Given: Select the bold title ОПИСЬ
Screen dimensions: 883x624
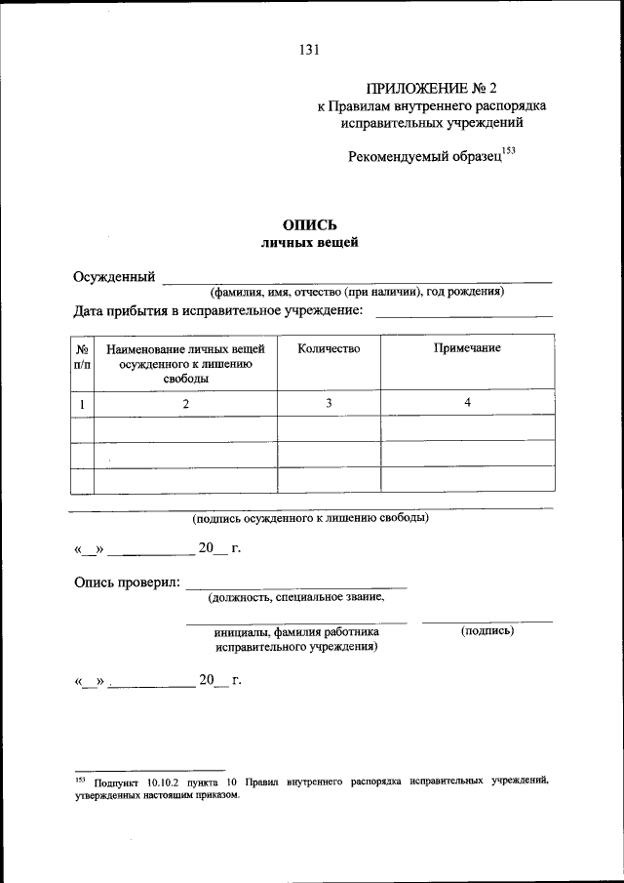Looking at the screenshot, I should tap(310, 224).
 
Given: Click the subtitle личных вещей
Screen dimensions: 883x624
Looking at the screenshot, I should tap(310, 243).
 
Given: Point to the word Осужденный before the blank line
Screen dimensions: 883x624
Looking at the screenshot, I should tap(115, 277).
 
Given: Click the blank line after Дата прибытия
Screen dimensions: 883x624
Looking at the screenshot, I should tap(464, 312).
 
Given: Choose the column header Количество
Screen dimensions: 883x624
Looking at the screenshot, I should tap(329, 349).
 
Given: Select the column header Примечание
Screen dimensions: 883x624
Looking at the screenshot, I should tap(467, 349).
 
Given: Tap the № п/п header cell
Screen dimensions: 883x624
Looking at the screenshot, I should tap(82, 356).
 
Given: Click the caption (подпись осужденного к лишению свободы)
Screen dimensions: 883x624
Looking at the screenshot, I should tap(310, 518).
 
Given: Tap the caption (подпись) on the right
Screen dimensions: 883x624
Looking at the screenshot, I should tap(487, 631).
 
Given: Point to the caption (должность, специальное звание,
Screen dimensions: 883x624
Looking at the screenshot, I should tap(295, 597).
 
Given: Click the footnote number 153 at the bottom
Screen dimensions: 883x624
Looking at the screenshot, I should tap(80, 780).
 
